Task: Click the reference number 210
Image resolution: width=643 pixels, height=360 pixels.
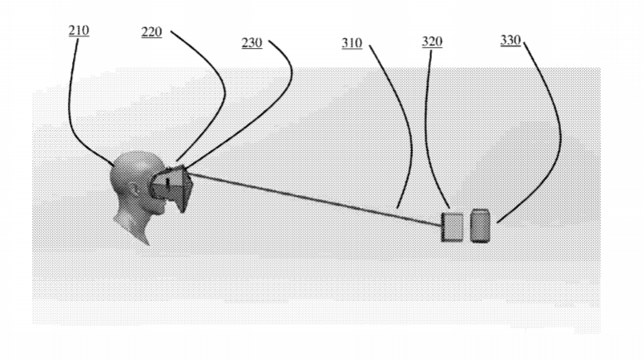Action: pyautogui.click(x=79, y=31)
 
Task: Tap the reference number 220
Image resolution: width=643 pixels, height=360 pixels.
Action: pyautogui.click(x=151, y=32)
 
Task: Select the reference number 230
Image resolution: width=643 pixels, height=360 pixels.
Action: pyautogui.click(x=252, y=43)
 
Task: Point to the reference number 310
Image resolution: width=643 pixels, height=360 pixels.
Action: pyautogui.click(x=352, y=43)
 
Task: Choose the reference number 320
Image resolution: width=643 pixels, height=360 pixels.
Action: pyautogui.click(x=432, y=42)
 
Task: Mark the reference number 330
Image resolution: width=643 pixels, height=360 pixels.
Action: pyautogui.click(x=511, y=41)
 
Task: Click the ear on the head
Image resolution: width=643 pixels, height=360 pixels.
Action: pyautogui.click(x=136, y=190)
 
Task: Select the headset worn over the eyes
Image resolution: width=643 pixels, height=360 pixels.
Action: pyautogui.click(x=171, y=189)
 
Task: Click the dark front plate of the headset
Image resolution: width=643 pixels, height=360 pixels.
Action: pyautogui.click(x=185, y=189)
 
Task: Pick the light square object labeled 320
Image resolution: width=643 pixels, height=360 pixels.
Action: pyautogui.click(x=453, y=227)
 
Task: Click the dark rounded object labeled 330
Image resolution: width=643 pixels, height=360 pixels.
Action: pyautogui.click(x=480, y=225)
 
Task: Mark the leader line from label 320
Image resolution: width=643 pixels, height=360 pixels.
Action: pyautogui.click(x=427, y=135)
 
